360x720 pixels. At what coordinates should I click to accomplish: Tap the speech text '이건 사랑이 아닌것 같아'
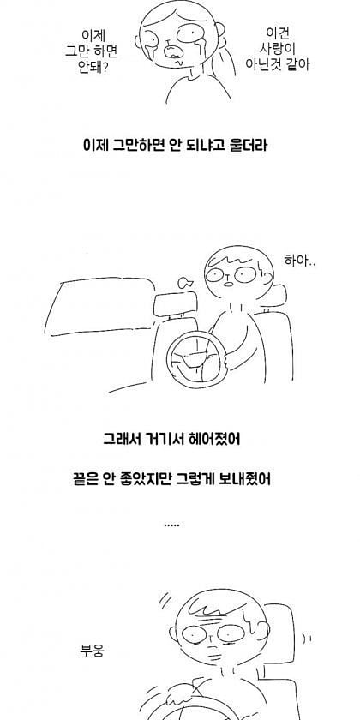pos(277,49)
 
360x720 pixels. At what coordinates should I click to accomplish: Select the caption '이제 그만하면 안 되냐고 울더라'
pos(175,146)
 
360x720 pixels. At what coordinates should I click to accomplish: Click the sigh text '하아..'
pos(300,261)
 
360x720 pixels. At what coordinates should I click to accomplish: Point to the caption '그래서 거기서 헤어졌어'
pos(171,439)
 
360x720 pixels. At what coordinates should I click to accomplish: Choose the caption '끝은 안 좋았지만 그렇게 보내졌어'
pos(171,479)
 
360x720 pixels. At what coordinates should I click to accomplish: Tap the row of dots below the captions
pos(171,525)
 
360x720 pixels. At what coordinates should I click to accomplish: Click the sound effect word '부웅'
pos(93,651)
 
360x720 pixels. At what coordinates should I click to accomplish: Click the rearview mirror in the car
pos(176,304)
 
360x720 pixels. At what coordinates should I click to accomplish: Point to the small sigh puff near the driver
pos(185,282)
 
